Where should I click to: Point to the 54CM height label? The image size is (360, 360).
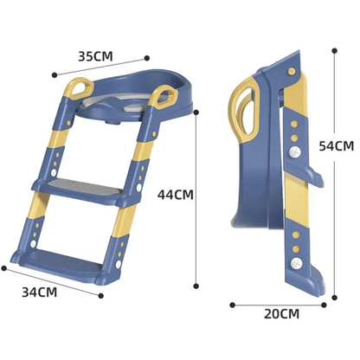(x=335, y=147)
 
